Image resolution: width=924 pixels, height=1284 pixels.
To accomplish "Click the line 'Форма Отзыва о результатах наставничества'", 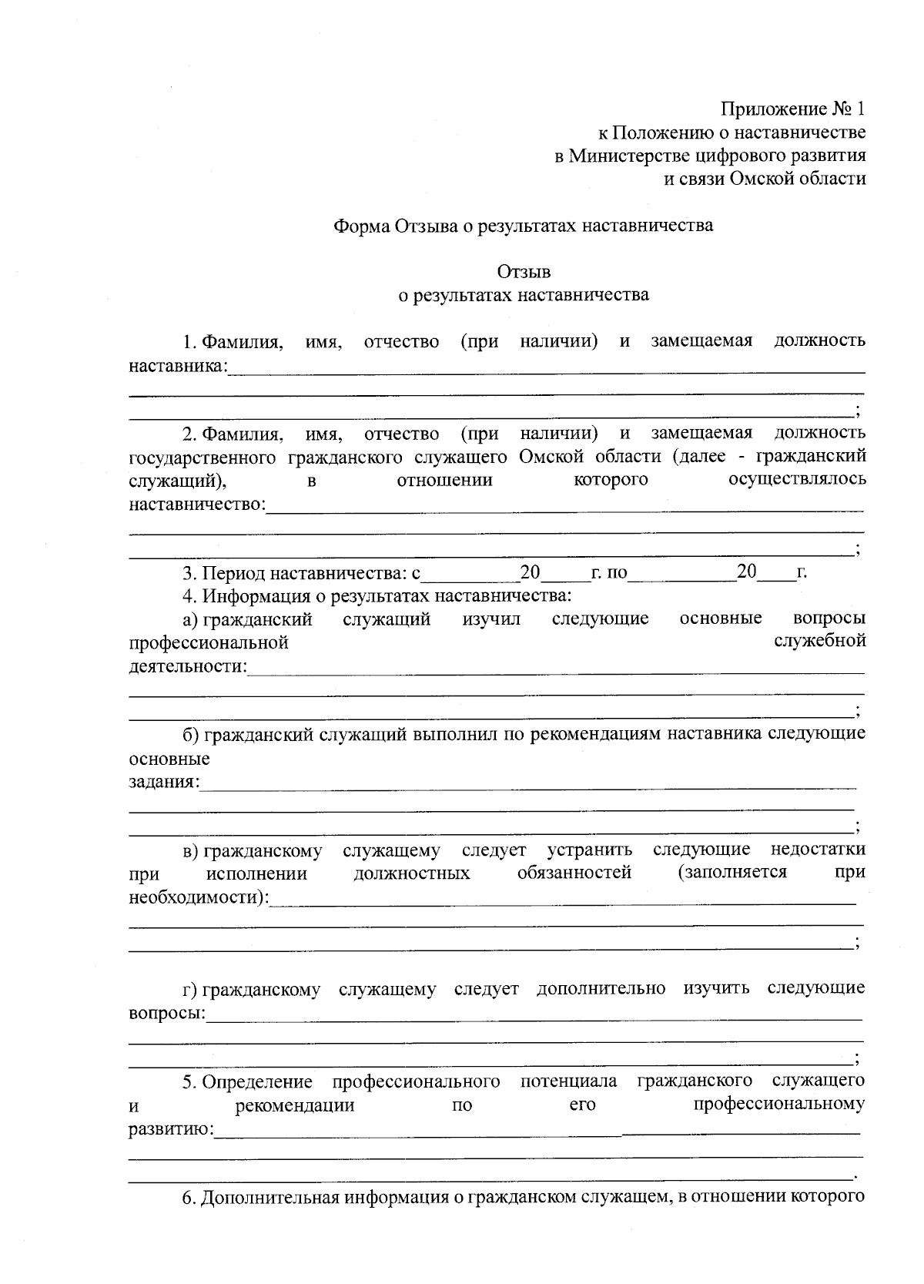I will click(523, 226).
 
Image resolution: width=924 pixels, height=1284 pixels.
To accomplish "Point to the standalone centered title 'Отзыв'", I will click(524, 271).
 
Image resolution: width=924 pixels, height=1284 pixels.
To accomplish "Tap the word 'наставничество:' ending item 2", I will click(197, 505).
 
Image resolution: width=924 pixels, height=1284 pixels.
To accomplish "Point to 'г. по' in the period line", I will click(609, 573).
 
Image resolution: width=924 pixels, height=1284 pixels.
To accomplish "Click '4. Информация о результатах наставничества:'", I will click(377, 595).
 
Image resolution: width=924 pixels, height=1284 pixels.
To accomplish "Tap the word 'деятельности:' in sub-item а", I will click(188, 665).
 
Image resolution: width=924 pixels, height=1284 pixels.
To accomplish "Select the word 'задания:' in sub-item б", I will click(164, 782).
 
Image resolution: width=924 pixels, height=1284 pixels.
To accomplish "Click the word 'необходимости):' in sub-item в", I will click(199, 897).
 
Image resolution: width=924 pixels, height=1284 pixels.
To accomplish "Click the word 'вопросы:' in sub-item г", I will click(167, 1013).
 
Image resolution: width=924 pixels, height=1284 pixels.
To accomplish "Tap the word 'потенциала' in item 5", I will click(568, 1081).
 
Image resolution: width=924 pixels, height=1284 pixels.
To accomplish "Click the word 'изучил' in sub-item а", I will click(491, 619).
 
